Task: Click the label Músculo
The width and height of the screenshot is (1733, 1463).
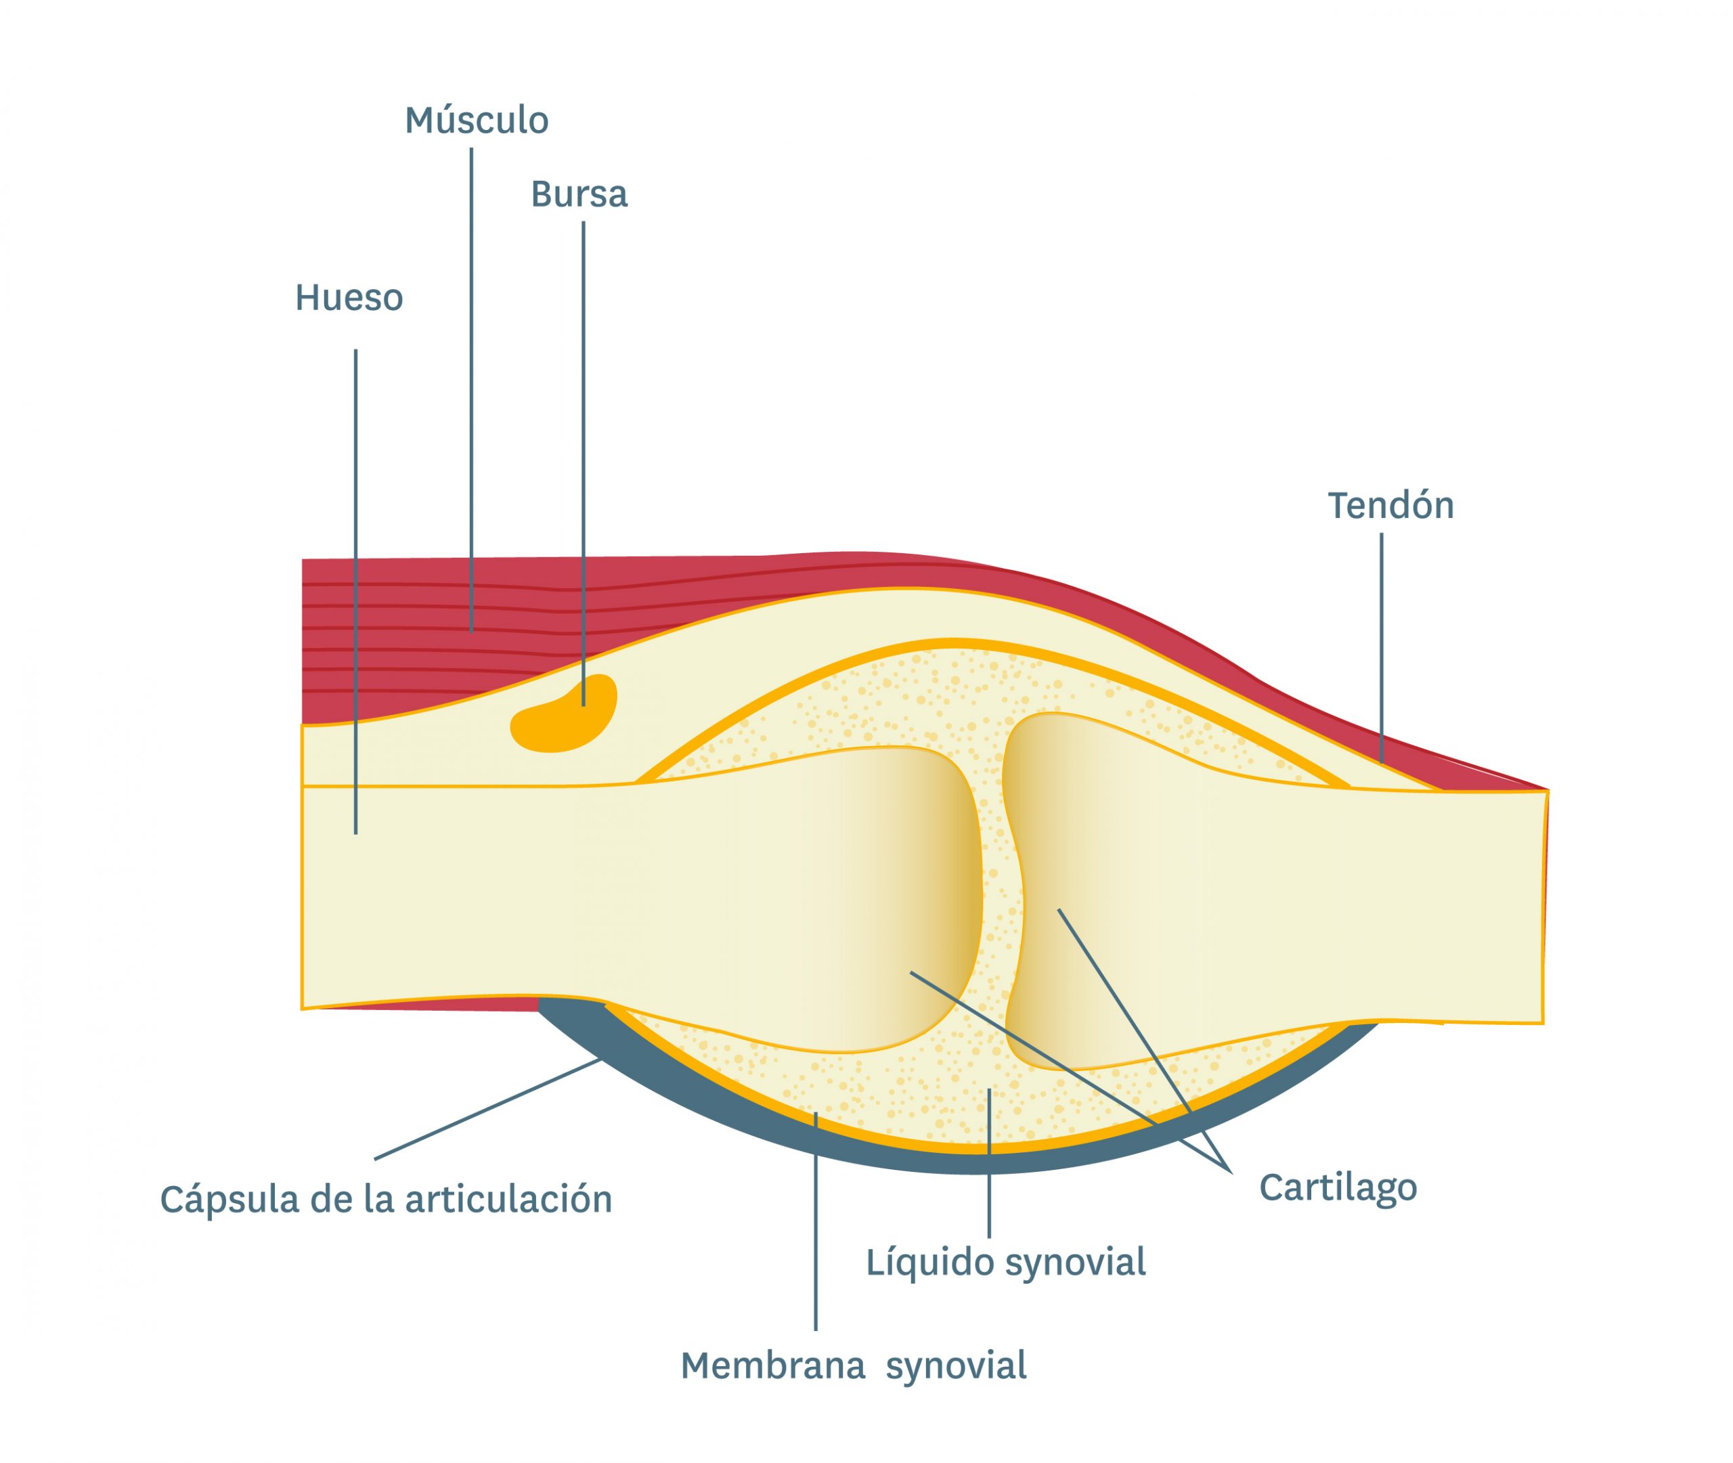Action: point(476,121)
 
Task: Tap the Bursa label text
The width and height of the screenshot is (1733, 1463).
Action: point(579,195)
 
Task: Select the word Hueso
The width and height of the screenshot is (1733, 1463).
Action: point(349,298)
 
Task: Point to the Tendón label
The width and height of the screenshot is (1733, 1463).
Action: point(1390,506)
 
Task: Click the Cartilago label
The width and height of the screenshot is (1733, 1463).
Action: point(1338,1187)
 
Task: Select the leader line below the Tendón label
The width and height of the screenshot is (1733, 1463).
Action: point(1382,647)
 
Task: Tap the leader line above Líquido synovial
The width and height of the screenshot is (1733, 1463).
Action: point(989,1161)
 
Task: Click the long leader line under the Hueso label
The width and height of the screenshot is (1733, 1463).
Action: point(355,581)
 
